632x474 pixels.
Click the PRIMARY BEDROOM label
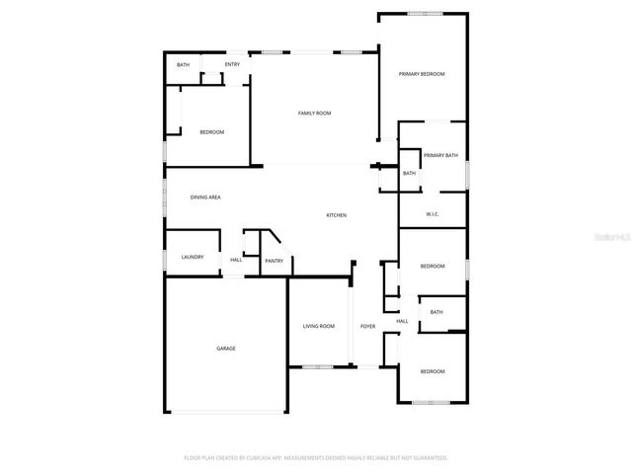tap(422, 74)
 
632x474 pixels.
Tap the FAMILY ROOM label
tap(314, 114)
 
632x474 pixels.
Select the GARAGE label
tap(226, 349)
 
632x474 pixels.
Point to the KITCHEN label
tap(337, 215)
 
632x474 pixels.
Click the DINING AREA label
tap(205, 197)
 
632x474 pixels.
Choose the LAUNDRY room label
tap(193, 258)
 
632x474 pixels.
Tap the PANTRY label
tap(274, 261)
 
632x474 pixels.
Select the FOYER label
tap(367, 326)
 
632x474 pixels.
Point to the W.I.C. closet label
tap(433, 214)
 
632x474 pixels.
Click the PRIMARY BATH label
tap(440, 155)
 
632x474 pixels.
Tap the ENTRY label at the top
tap(232, 65)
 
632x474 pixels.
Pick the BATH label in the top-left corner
tap(183, 65)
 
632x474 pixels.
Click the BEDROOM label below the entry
tap(211, 132)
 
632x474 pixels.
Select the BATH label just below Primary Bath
tap(409, 174)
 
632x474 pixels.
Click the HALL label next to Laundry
tap(236, 260)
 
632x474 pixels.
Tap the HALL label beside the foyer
tap(402, 321)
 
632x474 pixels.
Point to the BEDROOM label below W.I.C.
tap(433, 266)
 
